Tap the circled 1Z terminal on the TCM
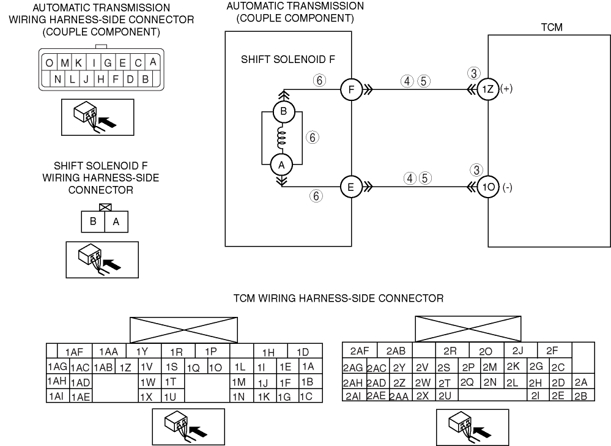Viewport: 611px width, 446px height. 488,89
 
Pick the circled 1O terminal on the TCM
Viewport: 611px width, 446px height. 488,188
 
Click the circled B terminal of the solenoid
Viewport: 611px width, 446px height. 283,113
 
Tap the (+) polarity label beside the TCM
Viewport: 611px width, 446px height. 506,89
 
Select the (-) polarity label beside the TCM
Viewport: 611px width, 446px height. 507,188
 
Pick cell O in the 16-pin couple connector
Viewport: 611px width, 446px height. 48,63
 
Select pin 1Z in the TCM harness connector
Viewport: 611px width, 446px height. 126,368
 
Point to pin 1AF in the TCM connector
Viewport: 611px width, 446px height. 75,352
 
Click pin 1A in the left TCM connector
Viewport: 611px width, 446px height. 308,367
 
